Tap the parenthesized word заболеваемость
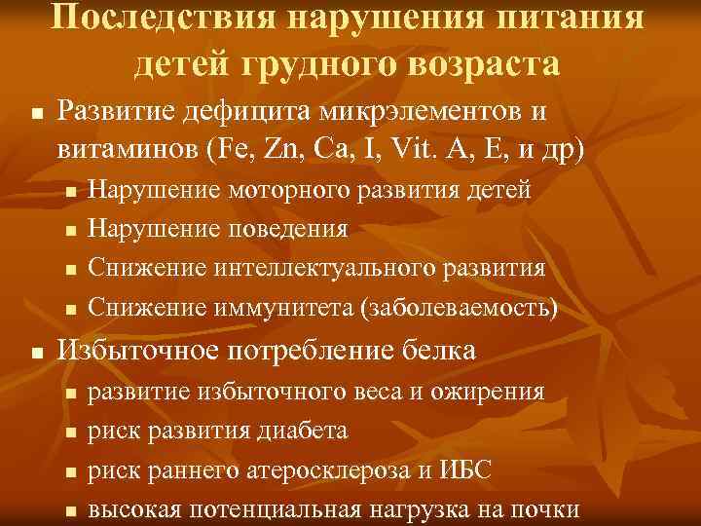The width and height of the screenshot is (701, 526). (459, 308)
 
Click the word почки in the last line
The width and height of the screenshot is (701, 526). (550, 509)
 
